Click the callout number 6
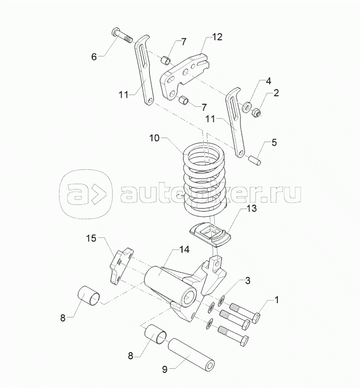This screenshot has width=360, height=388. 94,57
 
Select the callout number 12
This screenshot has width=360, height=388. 216,37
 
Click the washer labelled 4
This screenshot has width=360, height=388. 247,107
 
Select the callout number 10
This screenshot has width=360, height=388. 154,138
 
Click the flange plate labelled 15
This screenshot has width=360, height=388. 122,266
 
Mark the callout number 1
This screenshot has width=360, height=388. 276,301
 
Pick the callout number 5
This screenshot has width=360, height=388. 274,142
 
